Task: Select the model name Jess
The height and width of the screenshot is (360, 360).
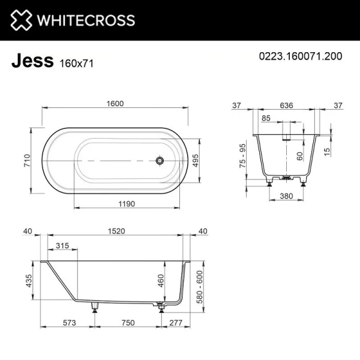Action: click(x=32, y=61)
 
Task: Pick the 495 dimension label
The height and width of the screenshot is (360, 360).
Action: click(x=195, y=160)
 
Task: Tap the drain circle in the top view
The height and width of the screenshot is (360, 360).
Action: click(x=160, y=160)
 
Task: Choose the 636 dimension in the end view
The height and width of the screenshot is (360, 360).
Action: click(x=286, y=106)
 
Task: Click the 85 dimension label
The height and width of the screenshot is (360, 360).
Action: click(x=266, y=118)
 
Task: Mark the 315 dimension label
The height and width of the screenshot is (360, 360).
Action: click(x=61, y=246)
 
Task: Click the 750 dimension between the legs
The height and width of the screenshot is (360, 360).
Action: click(x=127, y=323)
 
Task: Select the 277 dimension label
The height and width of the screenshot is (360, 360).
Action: click(x=176, y=323)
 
